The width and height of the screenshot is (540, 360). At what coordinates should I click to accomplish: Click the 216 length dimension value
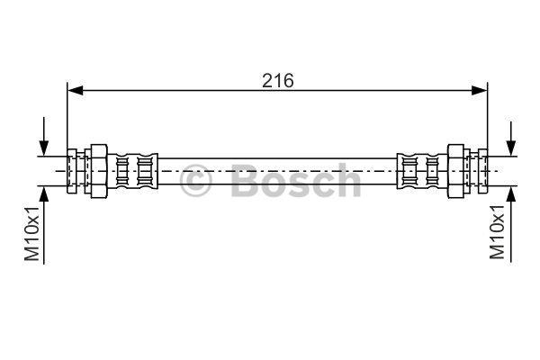(x=278, y=81)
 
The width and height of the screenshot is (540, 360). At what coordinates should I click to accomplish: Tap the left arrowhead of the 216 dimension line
(x=75, y=91)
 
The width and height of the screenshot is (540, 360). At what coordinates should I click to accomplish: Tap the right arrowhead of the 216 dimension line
(x=480, y=91)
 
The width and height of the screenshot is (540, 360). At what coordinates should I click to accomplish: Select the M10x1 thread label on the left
(x=31, y=234)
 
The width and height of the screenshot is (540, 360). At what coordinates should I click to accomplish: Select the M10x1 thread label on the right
(x=497, y=232)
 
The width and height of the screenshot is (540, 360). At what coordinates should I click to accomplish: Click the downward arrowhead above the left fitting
(x=44, y=148)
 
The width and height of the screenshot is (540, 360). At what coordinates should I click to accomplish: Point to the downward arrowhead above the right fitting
(x=511, y=148)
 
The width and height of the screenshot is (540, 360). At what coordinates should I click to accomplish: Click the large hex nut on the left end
(x=99, y=171)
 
